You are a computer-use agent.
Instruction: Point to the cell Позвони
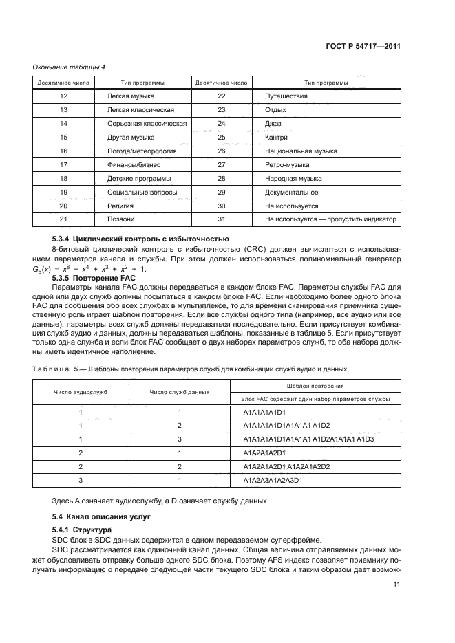coord(120,219)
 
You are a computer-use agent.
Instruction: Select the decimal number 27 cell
coord(221,165)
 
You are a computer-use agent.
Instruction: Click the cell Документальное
coord(286,192)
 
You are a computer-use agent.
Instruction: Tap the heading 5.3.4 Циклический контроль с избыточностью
coord(136,238)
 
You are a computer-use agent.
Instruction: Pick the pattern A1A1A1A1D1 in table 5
coord(265,412)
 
